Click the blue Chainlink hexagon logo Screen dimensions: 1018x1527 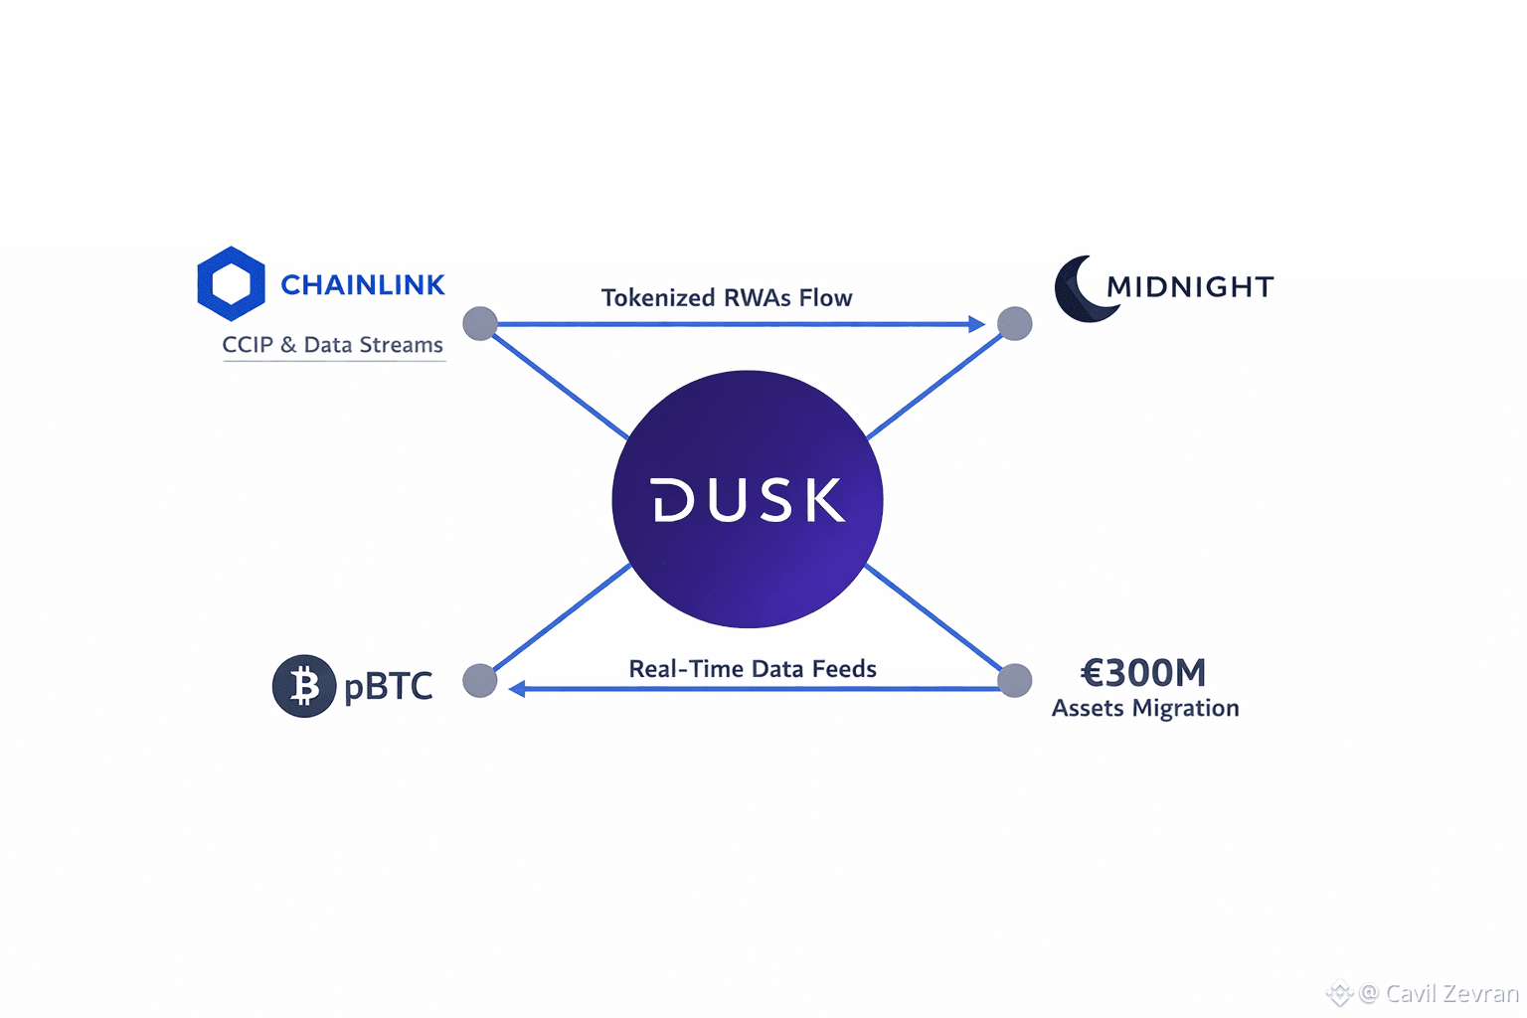[x=231, y=283]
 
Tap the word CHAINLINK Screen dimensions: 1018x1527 [x=362, y=285]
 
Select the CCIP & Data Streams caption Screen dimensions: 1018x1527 [x=332, y=345]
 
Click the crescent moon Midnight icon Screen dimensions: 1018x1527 [x=1083, y=289]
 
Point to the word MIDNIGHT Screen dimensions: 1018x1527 [x=1190, y=287]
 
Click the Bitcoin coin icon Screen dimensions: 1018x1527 [x=303, y=686]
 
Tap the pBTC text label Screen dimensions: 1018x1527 [x=388, y=686]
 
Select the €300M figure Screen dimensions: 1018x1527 [x=1143, y=673]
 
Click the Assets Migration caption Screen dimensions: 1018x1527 [x=1145, y=708]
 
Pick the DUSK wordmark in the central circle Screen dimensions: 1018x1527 [x=748, y=500]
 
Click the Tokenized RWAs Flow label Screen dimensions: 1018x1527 [x=727, y=298]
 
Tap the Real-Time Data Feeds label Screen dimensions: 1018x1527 [x=753, y=669]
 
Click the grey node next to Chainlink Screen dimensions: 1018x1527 [x=480, y=323]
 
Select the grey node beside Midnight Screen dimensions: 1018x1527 [x=1014, y=323]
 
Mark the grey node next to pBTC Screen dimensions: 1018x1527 [x=480, y=681]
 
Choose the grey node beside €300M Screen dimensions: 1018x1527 [x=1014, y=681]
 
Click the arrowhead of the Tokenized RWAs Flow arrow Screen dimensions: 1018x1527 [x=976, y=324]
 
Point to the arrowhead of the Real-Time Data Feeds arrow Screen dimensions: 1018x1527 [x=517, y=688]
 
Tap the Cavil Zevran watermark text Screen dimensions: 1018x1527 [x=1451, y=993]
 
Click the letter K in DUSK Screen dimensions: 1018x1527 [x=824, y=500]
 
